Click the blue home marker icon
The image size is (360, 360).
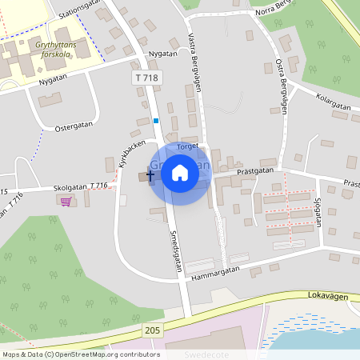pyautogui.click(x=180, y=173)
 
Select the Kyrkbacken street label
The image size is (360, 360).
pyautogui.click(x=125, y=151)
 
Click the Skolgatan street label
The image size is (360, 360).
pyautogui.click(x=70, y=186)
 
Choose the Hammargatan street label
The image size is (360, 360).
pyautogui.click(x=216, y=272)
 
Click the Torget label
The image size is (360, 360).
pyautogui.click(x=186, y=146)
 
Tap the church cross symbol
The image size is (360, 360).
pyautogui.click(x=150, y=174)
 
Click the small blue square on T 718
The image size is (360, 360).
pyautogui.click(x=156, y=121)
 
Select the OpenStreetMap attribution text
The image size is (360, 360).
pyautogui.click(x=81, y=354)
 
